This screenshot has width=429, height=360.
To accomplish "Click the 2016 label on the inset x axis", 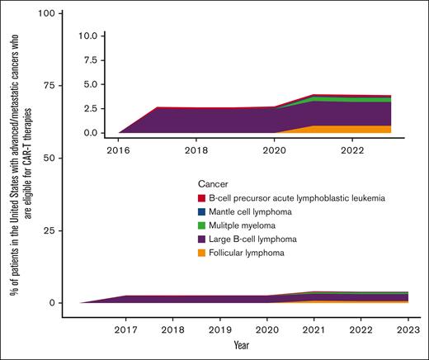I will (119, 151).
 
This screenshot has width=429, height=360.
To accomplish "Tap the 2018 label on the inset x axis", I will (196, 151).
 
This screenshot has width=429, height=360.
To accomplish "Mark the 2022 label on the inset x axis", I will (349, 151).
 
